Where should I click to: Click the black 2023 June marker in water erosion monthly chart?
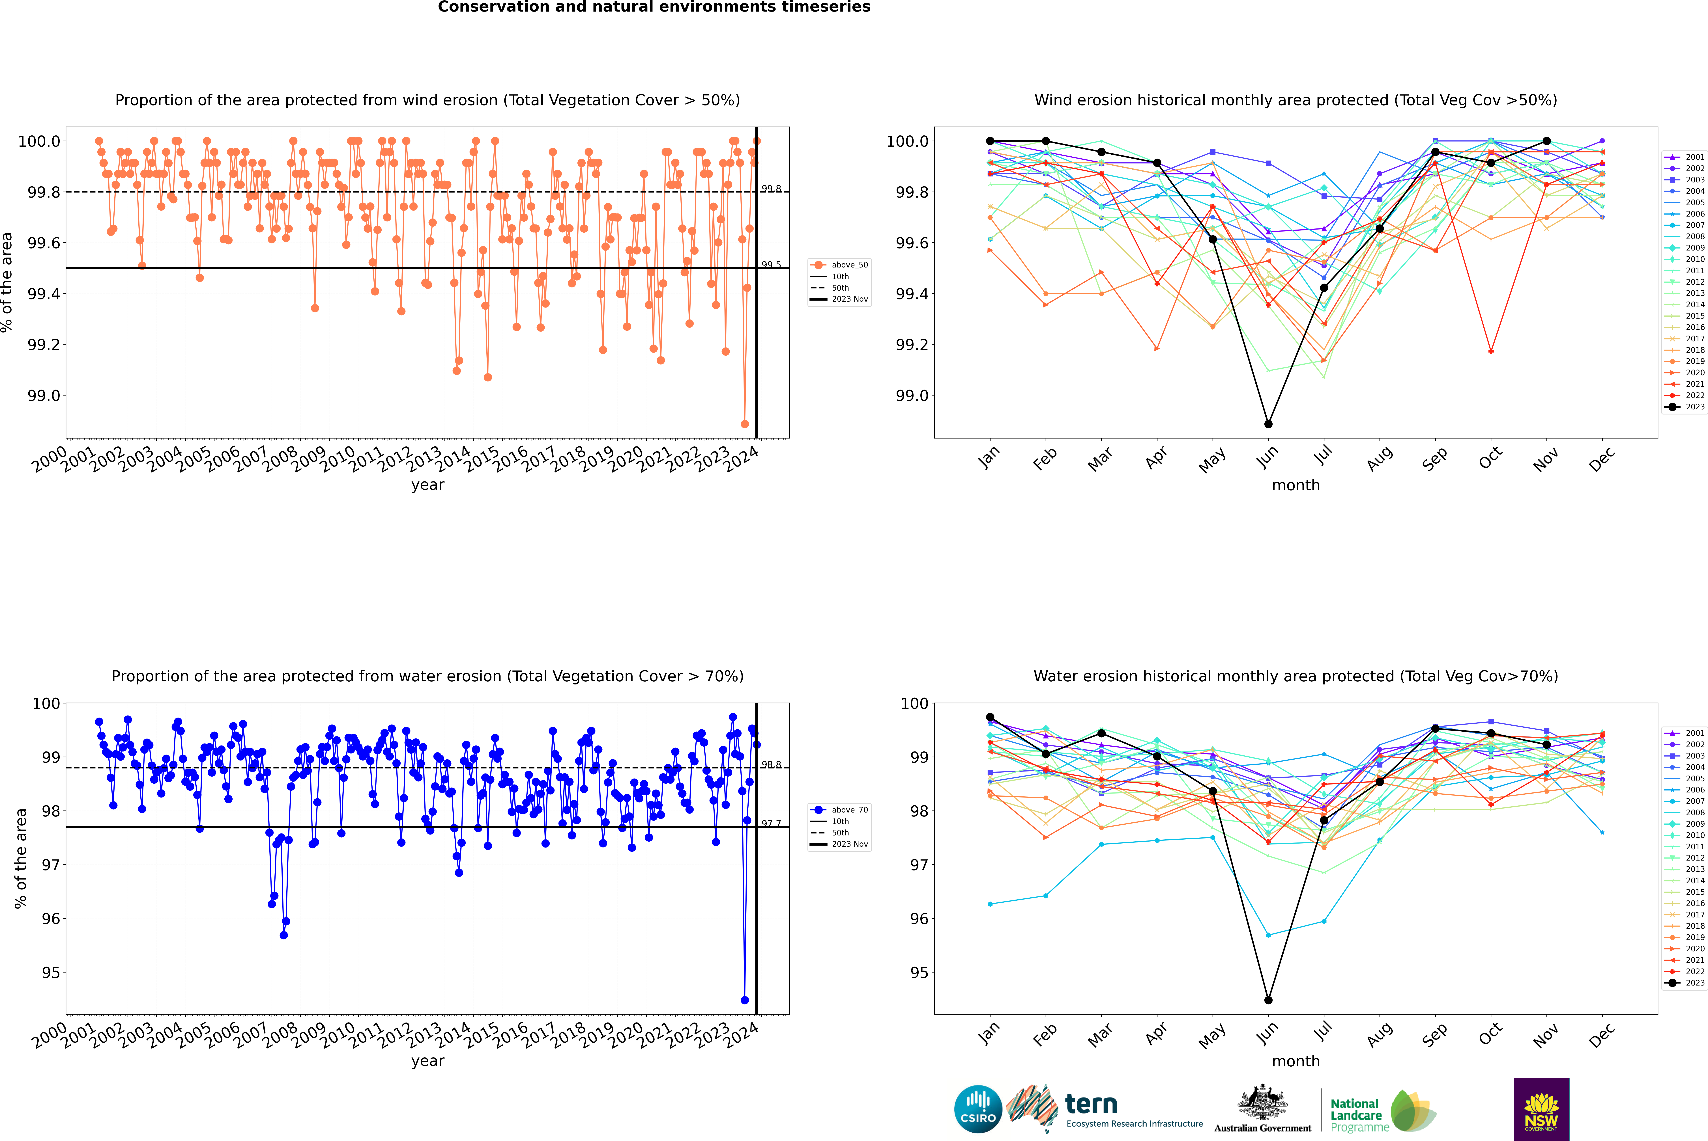1268,1000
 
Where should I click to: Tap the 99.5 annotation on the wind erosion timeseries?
771,265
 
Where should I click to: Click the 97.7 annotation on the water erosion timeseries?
771,824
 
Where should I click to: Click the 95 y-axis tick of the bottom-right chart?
919,973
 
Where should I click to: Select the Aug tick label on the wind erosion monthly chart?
1380,458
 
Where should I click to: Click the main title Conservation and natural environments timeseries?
654,7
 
